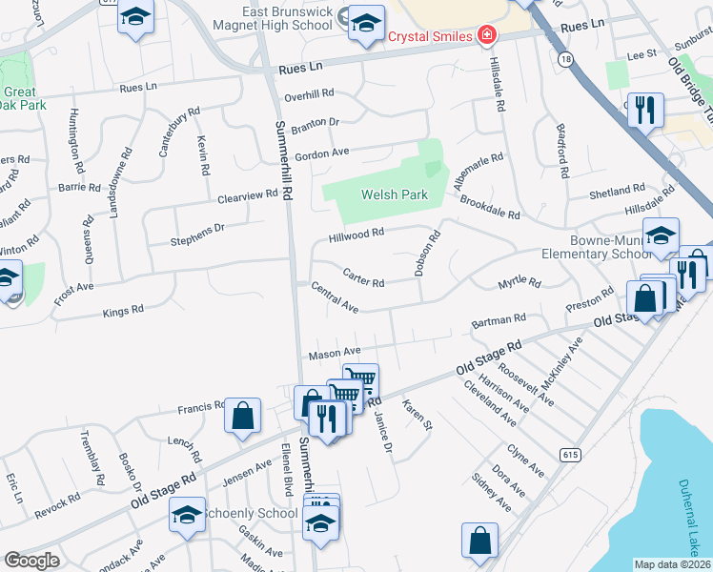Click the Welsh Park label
[394, 194]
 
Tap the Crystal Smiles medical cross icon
[486, 36]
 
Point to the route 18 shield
[567, 59]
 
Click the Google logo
[31, 561]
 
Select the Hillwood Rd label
[356, 234]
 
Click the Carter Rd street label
[363, 278]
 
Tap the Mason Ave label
[334, 354]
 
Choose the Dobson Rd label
[426, 253]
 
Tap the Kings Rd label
[123, 311]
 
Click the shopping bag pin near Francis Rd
[243, 415]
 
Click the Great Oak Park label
[19, 99]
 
